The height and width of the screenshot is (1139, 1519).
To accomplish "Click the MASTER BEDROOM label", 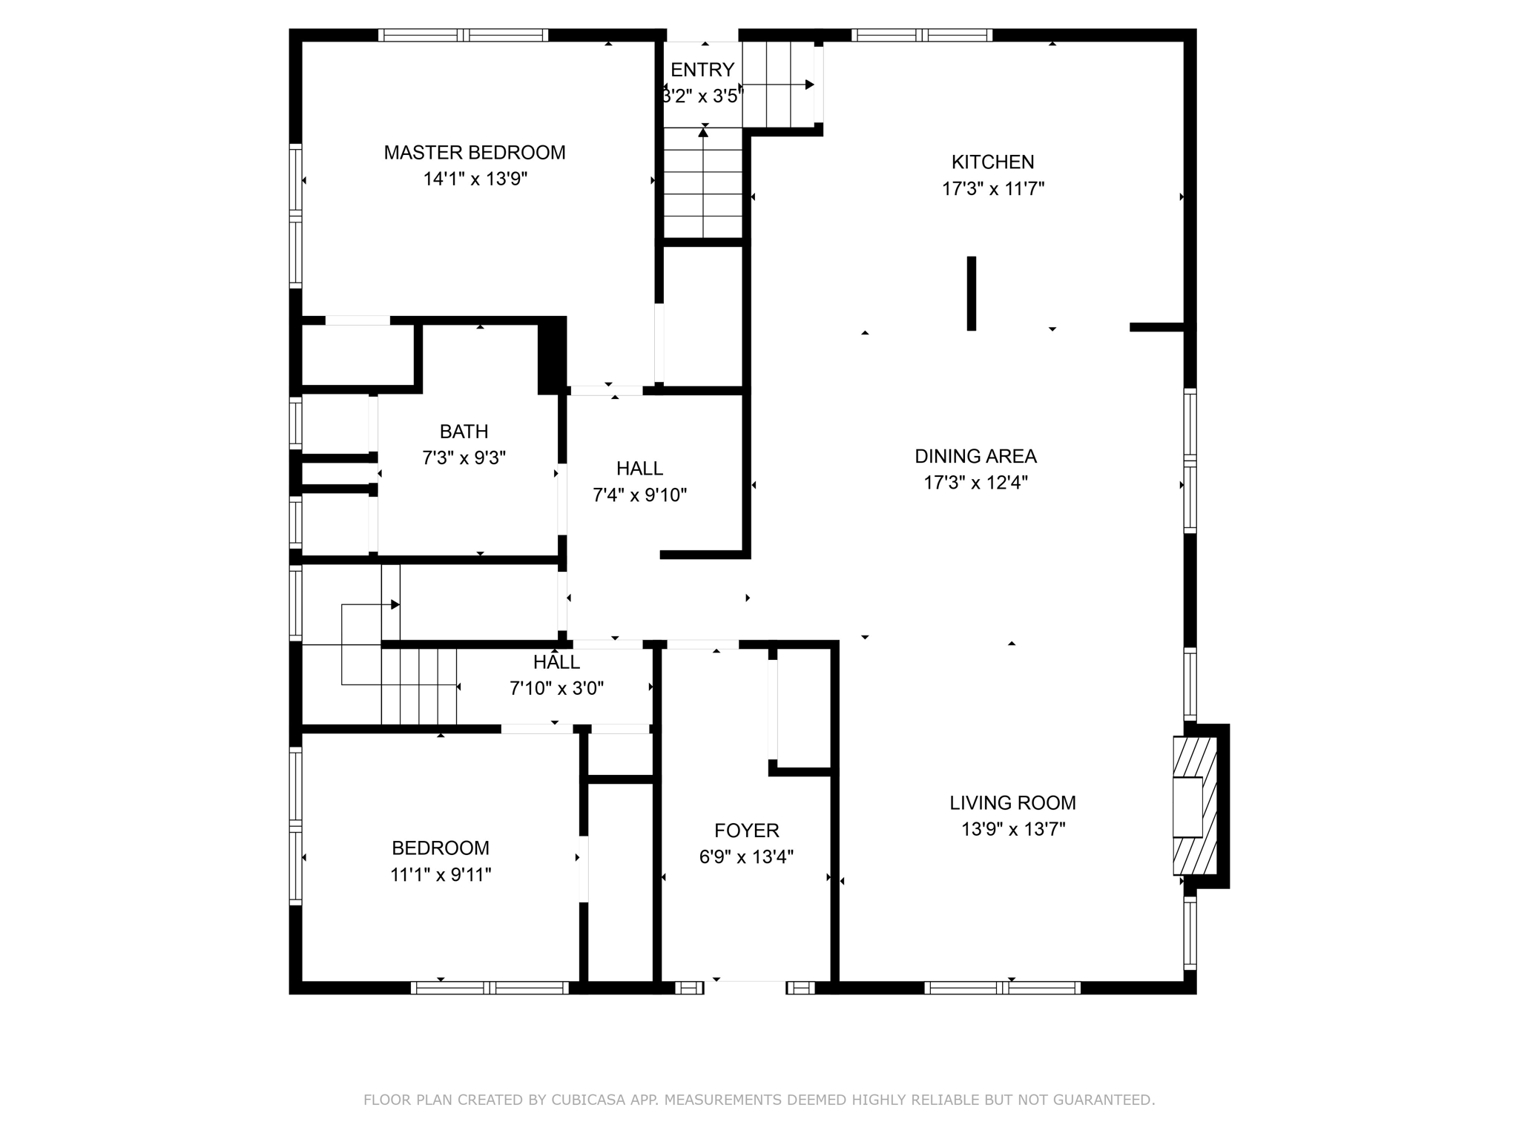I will (474, 153).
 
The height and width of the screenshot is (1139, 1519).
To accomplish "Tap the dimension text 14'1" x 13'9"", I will (475, 179).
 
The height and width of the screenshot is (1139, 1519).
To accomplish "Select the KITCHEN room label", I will (992, 162).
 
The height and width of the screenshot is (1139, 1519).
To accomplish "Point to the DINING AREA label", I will (975, 456).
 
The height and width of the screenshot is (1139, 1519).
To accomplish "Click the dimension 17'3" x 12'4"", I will (975, 483).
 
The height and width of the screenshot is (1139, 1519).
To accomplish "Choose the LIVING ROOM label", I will (1012, 802).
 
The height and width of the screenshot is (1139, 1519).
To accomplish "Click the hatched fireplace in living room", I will (1195, 806).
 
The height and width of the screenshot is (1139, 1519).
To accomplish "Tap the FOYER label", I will (746, 831).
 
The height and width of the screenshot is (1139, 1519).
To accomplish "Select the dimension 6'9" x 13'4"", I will (746, 857).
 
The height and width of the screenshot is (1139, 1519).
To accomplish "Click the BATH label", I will (464, 432).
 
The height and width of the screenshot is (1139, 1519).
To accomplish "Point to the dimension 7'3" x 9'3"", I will (464, 458).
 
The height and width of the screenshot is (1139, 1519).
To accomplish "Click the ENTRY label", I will (702, 70).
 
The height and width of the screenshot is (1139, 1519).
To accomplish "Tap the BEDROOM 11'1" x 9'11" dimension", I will (441, 875).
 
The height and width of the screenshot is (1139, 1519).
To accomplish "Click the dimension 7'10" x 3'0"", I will (556, 689).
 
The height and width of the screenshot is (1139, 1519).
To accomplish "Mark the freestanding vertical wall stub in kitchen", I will (971, 294).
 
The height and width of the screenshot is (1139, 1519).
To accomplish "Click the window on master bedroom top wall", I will (463, 35).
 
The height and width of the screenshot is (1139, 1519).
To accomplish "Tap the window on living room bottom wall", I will (1002, 987).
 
